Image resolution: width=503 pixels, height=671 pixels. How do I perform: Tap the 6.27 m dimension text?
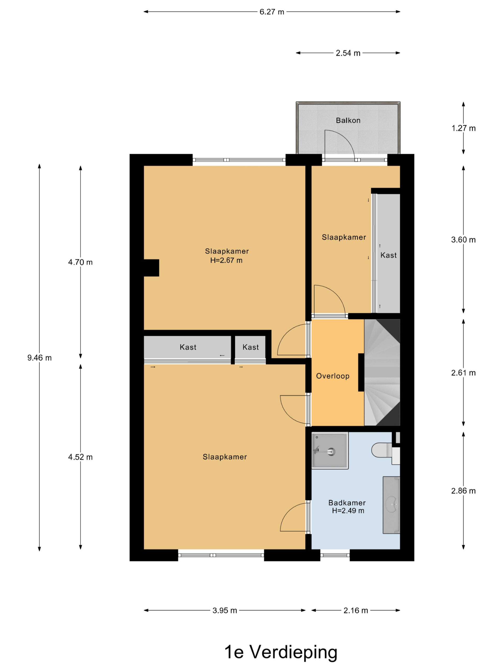click(x=272, y=12)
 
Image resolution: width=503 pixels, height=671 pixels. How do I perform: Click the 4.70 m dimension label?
click(x=80, y=262)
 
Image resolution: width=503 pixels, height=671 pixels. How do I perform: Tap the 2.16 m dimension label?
click(x=356, y=610)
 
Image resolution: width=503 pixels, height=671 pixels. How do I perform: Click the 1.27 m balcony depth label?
click(x=463, y=128)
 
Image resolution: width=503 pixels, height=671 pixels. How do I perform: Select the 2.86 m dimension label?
click(x=463, y=491)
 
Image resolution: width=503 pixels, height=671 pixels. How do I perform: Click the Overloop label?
click(x=333, y=376)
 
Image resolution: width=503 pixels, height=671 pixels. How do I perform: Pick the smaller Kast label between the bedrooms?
click(x=250, y=347)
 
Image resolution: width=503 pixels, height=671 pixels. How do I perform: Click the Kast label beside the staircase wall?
click(x=389, y=255)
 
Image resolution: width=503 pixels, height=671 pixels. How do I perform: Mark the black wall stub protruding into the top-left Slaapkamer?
click(x=151, y=268)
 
